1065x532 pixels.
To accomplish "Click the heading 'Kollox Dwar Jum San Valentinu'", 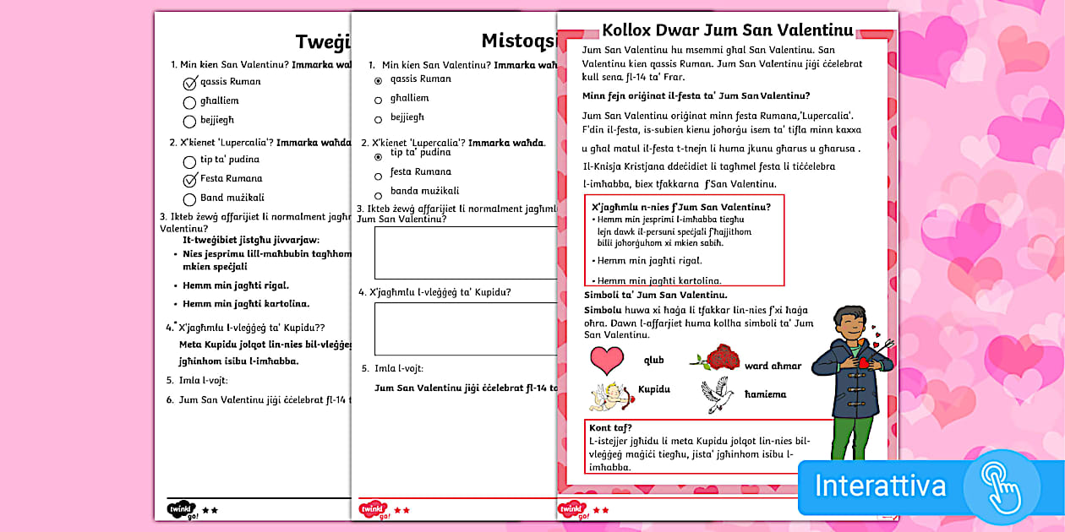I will pyautogui.click(x=727, y=31).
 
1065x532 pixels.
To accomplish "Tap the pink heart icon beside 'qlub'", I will pyautogui.click(x=606, y=361).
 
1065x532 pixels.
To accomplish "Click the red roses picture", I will pyautogui.click(x=721, y=358).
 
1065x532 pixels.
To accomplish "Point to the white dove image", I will pyautogui.click(x=717, y=394).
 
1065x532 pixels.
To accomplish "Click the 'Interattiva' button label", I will pyautogui.click(x=880, y=486).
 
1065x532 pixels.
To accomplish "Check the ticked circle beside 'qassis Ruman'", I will pyautogui.click(x=190, y=83).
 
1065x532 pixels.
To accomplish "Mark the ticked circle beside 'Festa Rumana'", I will pyautogui.click(x=190, y=179).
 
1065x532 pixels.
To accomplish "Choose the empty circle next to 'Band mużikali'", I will pyautogui.click(x=189, y=198).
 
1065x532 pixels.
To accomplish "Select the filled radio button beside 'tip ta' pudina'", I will pyautogui.click(x=378, y=157).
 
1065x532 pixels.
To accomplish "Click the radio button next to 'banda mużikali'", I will pyautogui.click(x=378, y=195).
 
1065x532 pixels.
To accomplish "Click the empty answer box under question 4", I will pyautogui.click(x=465, y=328).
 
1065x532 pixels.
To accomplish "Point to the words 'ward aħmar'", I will pyautogui.click(x=773, y=366).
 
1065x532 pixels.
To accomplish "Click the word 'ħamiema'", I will pyautogui.click(x=765, y=394).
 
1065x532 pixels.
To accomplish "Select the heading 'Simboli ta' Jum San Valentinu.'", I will pyautogui.click(x=655, y=295).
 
